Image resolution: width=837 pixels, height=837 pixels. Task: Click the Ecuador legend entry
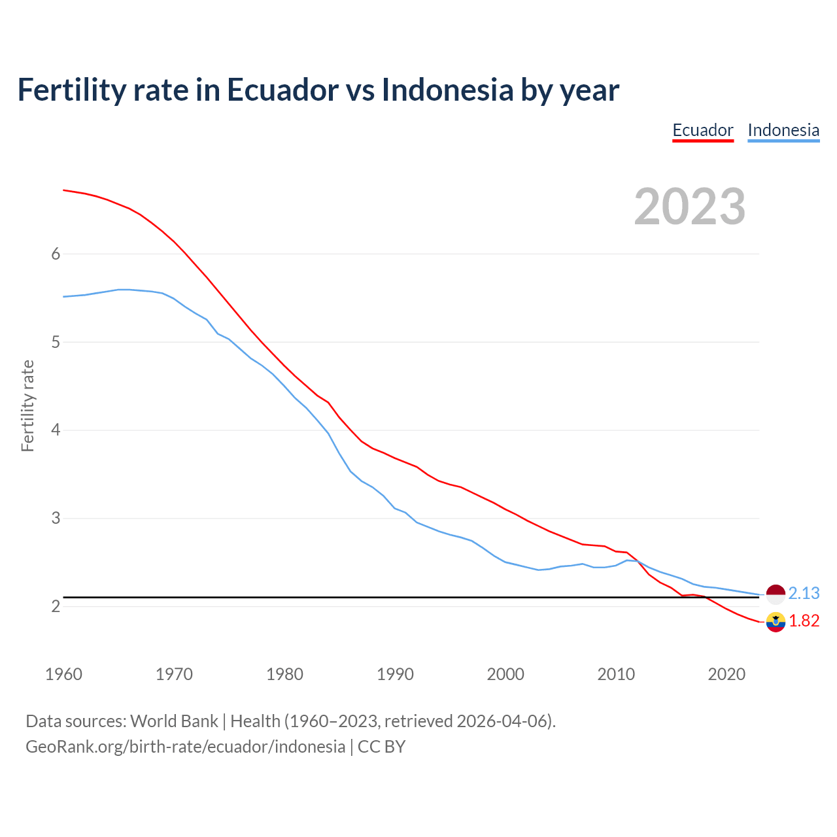[x=703, y=130]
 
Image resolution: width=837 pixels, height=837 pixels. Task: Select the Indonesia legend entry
[x=783, y=130]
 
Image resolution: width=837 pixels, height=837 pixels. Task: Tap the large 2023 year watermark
[x=690, y=207]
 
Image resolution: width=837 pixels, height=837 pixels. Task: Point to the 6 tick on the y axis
[x=56, y=254]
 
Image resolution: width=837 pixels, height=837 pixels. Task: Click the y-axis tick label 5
[x=56, y=343]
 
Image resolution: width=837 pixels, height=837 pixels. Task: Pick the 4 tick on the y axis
[x=56, y=430]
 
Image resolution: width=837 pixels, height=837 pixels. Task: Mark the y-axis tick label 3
[x=56, y=519]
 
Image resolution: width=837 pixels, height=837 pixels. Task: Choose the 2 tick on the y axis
[x=56, y=607]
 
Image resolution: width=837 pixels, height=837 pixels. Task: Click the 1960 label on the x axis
[x=63, y=674]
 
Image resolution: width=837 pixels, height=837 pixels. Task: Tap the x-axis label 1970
[x=174, y=674]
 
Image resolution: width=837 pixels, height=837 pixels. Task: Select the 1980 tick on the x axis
[x=284, y=674]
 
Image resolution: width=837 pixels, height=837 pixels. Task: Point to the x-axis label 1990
[x=395, y=674]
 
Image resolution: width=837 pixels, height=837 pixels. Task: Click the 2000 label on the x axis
[x=505, y=674]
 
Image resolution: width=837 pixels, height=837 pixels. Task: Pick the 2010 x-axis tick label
[x=616, y=674]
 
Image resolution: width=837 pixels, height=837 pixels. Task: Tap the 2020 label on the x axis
[x=726, y=674]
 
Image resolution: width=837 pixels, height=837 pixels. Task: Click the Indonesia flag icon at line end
[x=776, y=594]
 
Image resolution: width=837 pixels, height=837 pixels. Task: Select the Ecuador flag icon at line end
[x=776, y=622]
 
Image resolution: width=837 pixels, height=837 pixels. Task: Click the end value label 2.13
[x=804, y=593]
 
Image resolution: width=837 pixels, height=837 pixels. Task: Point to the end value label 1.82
[x=804, y=621]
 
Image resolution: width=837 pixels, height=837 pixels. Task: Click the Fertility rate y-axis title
[x=27, y=405]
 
